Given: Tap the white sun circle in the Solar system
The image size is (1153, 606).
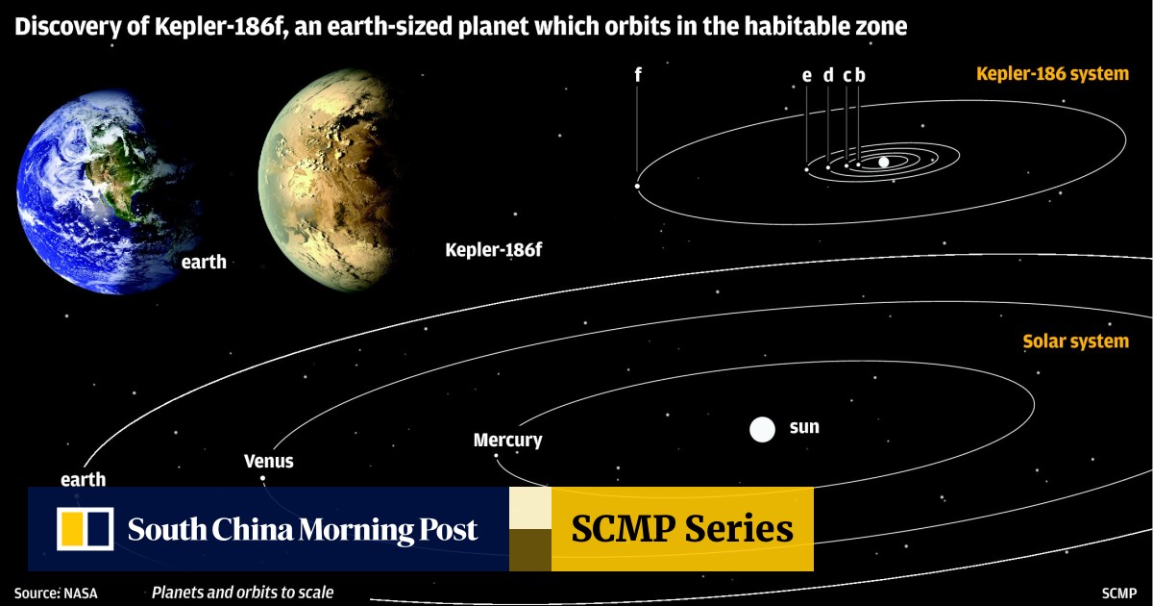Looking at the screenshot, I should pyautogui.click(x=762, y=429).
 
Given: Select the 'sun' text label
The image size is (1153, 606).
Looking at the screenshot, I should pyautogui.click(x=804, y=426).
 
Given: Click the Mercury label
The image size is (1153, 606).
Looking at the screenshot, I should pyautogui.click(x=507, y=441).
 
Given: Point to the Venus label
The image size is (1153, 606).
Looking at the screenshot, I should pyautogui.click(x=269, y=461).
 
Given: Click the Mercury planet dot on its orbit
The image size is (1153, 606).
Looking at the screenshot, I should pyautogui.click(x=496, y=456).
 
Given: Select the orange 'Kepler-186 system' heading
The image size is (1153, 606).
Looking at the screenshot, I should pyautogui.click(x=1052, y=74).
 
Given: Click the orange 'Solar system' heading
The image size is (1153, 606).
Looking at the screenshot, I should pyautogui.click(x=1075, y=341).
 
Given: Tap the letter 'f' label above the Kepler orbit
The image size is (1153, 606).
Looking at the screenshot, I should pyautogui.click(x=638, y=75).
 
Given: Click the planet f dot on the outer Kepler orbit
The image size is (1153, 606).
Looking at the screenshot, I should pyautogui.click(x=637, y=186).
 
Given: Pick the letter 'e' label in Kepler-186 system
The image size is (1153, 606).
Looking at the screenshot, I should pyautogui.click(x=806, y=76).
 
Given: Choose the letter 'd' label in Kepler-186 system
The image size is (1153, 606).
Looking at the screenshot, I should pyautogui.click(x=827, y=76).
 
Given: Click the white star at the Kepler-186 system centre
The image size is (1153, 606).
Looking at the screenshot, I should pyautogui.click(x=884, y=162).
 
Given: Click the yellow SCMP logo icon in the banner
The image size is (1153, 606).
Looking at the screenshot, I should pyautogui.click(x=85, y=529).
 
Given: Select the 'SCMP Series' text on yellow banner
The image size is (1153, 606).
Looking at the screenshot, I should pyautogui.click(x=682, y=529).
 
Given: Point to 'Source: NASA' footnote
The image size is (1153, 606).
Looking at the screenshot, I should pyautogui.click(x=56, y=593).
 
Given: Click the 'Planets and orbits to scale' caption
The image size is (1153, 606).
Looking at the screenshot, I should pyautogui.click(x=242, y=593).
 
